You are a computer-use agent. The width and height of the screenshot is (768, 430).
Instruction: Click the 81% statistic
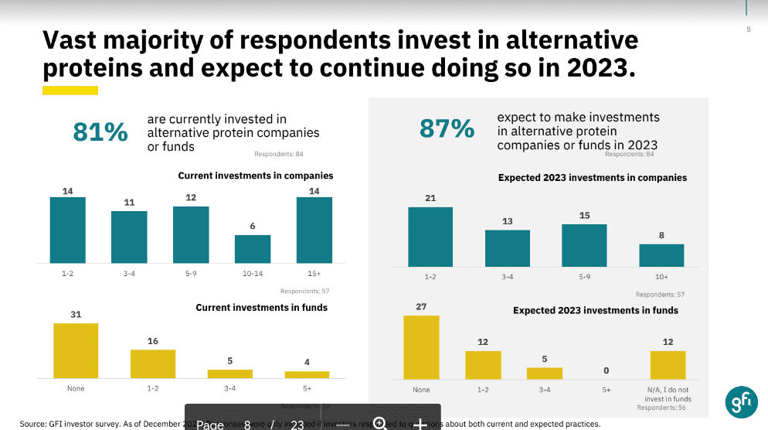100,132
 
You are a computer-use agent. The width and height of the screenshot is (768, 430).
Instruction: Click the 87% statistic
447,128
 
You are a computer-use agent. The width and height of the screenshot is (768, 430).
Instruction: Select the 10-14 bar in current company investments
253,249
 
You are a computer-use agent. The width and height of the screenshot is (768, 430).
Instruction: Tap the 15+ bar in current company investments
314,230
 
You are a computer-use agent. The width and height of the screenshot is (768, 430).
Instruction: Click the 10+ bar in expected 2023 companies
661,255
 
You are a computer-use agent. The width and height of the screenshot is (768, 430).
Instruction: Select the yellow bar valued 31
76,350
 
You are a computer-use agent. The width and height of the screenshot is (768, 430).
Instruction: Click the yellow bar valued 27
421,347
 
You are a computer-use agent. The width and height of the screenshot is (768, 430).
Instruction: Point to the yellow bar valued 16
153,363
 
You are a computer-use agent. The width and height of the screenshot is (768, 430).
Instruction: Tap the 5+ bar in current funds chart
307,374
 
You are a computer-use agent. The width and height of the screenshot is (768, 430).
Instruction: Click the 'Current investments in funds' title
261,308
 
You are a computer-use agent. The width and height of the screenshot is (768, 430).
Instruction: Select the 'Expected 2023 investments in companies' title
592,178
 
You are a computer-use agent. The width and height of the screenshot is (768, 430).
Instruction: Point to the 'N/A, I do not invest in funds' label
668,394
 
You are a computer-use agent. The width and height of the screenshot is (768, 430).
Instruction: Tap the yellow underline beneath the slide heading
70,90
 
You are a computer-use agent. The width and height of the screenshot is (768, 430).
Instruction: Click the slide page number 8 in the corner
748,29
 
